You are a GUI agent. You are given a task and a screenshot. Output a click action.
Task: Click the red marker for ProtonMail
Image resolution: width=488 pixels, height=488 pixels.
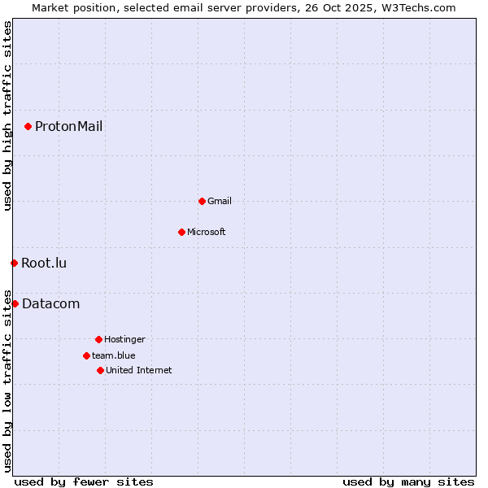[28, 126]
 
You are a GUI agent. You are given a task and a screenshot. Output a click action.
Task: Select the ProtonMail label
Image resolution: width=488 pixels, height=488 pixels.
[68, 126]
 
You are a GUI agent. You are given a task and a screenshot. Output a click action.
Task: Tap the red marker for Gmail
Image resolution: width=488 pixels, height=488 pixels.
[202, 201]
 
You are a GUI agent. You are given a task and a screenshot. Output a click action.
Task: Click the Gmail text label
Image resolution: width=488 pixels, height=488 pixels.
[220, 201]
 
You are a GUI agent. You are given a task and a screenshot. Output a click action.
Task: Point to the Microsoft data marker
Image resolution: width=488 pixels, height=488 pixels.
[181, 232]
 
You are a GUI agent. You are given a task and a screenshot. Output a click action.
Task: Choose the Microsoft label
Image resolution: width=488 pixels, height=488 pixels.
[206, 232]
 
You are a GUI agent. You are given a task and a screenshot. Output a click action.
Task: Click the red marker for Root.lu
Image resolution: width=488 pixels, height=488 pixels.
[14, 263]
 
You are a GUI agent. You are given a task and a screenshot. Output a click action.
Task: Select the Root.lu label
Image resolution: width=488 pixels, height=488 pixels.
[44, 263]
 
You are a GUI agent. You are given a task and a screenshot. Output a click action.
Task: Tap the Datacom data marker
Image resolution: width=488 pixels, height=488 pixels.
[15, 303]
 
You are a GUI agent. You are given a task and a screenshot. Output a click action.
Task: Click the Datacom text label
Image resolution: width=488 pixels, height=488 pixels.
[50, 303]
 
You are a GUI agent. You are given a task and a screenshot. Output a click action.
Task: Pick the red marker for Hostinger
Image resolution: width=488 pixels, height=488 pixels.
[98, 339]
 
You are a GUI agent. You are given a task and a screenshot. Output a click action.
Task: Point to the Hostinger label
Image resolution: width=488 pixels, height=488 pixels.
[124, 339]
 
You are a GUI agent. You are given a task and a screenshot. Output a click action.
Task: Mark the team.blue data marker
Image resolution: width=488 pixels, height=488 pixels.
[86, 355]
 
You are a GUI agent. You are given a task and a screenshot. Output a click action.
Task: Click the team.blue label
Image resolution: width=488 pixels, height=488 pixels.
[113, 355]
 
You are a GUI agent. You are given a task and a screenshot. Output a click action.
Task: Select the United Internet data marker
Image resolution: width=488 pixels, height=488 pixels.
[100, 370]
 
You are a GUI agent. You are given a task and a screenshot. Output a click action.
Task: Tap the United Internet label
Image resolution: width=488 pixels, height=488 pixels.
[138, 370]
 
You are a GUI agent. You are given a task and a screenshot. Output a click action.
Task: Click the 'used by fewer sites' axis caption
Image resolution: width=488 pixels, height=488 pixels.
[84, 481]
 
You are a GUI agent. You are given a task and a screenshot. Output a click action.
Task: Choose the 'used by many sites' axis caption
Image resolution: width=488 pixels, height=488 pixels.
[408, 481]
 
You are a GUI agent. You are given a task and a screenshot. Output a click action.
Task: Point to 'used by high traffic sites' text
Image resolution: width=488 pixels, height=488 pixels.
[7, 116]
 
